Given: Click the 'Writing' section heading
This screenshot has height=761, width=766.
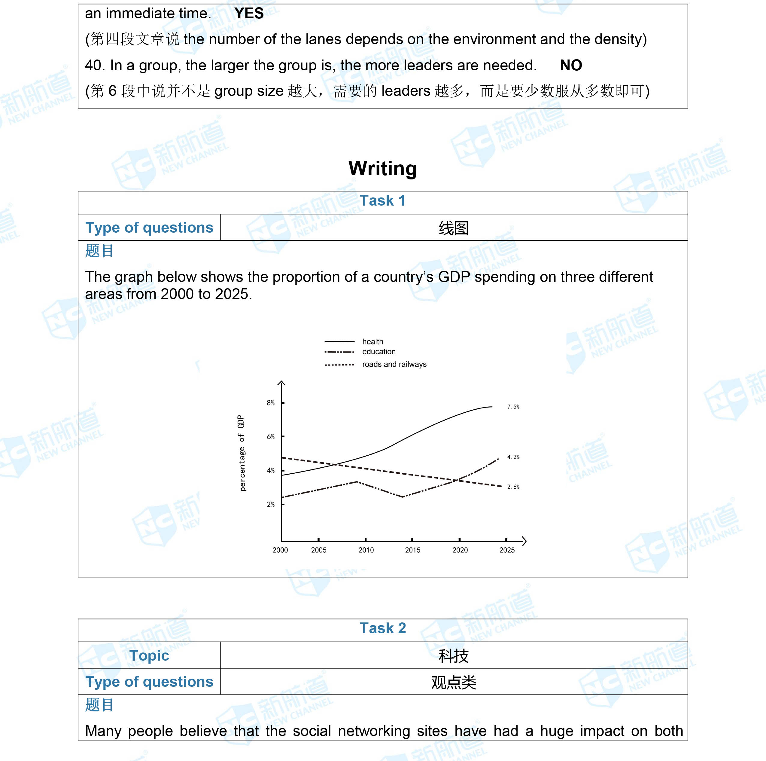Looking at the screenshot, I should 383,168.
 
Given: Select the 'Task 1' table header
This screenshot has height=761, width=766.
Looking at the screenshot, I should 383,201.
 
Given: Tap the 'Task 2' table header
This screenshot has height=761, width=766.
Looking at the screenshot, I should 383,628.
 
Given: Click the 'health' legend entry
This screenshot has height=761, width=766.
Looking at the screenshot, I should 373,342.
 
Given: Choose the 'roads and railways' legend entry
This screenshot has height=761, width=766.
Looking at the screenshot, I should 394,364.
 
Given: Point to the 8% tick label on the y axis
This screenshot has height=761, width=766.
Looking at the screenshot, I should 270,403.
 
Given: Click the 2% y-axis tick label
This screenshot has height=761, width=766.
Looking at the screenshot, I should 270,504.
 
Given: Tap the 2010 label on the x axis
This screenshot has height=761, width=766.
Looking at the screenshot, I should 366,550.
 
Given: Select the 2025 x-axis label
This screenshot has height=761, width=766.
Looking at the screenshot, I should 507,550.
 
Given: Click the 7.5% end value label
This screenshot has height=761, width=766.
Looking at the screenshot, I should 513,407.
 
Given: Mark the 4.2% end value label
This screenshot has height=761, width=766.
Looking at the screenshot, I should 513,457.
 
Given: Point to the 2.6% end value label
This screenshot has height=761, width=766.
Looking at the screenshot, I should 513,487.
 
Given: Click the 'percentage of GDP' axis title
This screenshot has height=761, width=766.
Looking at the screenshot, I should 242,453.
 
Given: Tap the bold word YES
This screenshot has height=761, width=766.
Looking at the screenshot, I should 249,14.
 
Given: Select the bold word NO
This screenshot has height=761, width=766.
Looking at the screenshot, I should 571,66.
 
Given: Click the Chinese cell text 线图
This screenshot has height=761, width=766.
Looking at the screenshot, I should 454,228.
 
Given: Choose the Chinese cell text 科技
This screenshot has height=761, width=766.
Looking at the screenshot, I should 454,656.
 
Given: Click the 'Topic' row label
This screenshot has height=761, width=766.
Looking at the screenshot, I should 149,656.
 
